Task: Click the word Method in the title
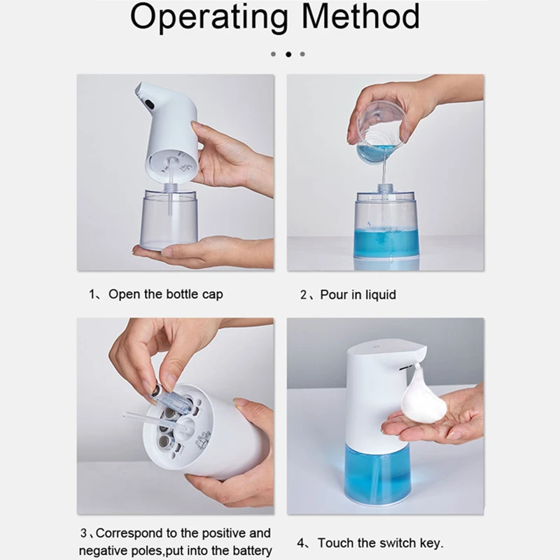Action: (x=360, y=16)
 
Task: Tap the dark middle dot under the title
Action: (x=288, y=55)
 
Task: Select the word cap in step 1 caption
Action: (x=213, y=295)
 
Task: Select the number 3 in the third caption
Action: (x=83, y=533)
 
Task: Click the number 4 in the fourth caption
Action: (x=301, y=543)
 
